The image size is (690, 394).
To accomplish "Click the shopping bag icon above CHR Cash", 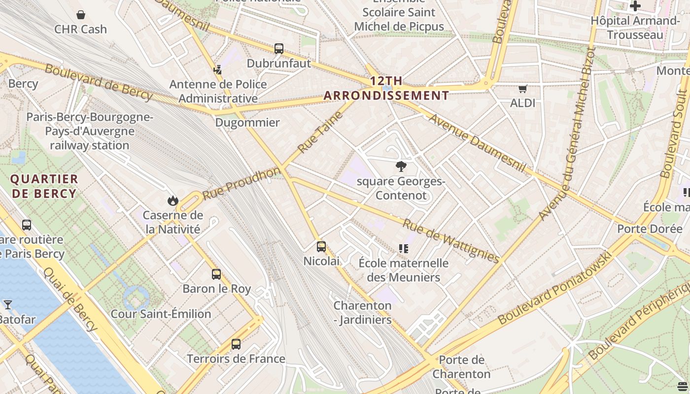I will tap(81, 15).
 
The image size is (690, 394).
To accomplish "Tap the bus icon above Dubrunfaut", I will tap(279, 49).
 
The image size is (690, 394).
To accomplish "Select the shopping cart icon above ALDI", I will tap(522, 89).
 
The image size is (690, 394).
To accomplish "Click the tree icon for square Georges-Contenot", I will tap(401, 166).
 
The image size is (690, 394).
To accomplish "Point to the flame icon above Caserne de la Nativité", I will tap(172, 200).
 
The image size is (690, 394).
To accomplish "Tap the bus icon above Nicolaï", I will tap(321, 247).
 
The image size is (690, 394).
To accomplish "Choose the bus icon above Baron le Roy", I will tap(216, 274).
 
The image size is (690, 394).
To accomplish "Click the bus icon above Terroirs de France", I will tap(236, 344).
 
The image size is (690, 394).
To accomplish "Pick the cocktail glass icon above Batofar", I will tap(8, 305).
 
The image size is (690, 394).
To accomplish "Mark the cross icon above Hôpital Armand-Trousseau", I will tap(635, 6).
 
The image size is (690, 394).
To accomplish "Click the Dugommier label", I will tap(247, 123).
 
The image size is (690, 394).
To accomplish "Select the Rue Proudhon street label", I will tap(241, 183).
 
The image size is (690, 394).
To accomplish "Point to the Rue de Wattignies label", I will tap(451, 241).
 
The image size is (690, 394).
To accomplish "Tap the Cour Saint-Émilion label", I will tap(161, 314).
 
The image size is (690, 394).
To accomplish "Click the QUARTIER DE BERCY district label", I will tap(44, 186).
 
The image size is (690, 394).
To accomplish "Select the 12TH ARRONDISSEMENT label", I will tap(386, 88).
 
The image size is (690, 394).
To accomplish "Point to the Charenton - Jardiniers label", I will tap(363, 313).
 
